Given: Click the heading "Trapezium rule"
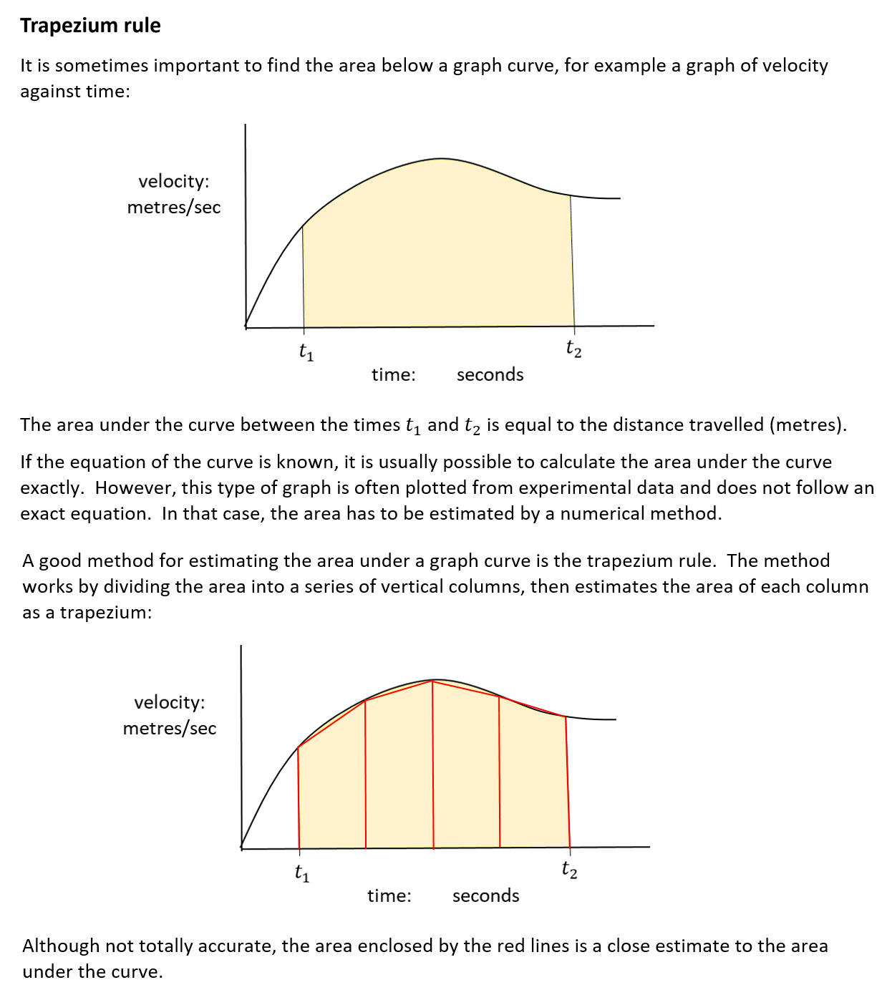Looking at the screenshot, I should click(90, 25).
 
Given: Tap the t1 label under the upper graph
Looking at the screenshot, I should click(306, 352).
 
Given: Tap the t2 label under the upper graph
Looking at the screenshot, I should click(573, 349).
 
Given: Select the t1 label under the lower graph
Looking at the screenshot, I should click(302, 873).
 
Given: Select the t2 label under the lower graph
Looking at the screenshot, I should click(569, 870).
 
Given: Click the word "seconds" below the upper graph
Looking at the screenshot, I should click(490, 374).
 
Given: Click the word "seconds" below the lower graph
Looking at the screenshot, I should click(485, 895).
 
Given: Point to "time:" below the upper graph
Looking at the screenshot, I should click(393, 374).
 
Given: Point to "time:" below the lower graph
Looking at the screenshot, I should click(389, 895).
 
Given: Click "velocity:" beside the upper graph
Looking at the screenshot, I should click(174, 181).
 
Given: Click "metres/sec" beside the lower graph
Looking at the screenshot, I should click(170, 728).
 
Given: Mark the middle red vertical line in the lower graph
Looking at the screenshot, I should click(433, 766).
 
